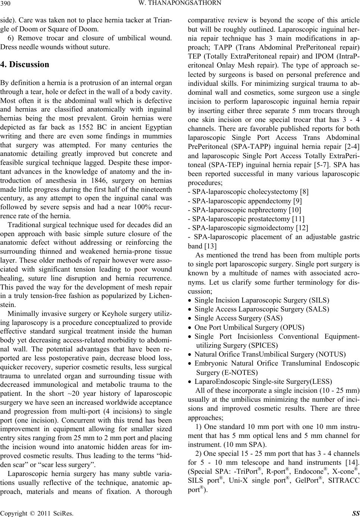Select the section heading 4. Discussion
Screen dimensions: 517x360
(x=25, y=64)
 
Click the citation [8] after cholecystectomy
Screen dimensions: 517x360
(x=304, y=192)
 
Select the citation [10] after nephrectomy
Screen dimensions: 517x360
(x=294, y=210)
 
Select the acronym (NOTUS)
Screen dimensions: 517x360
(x=332, y=354)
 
